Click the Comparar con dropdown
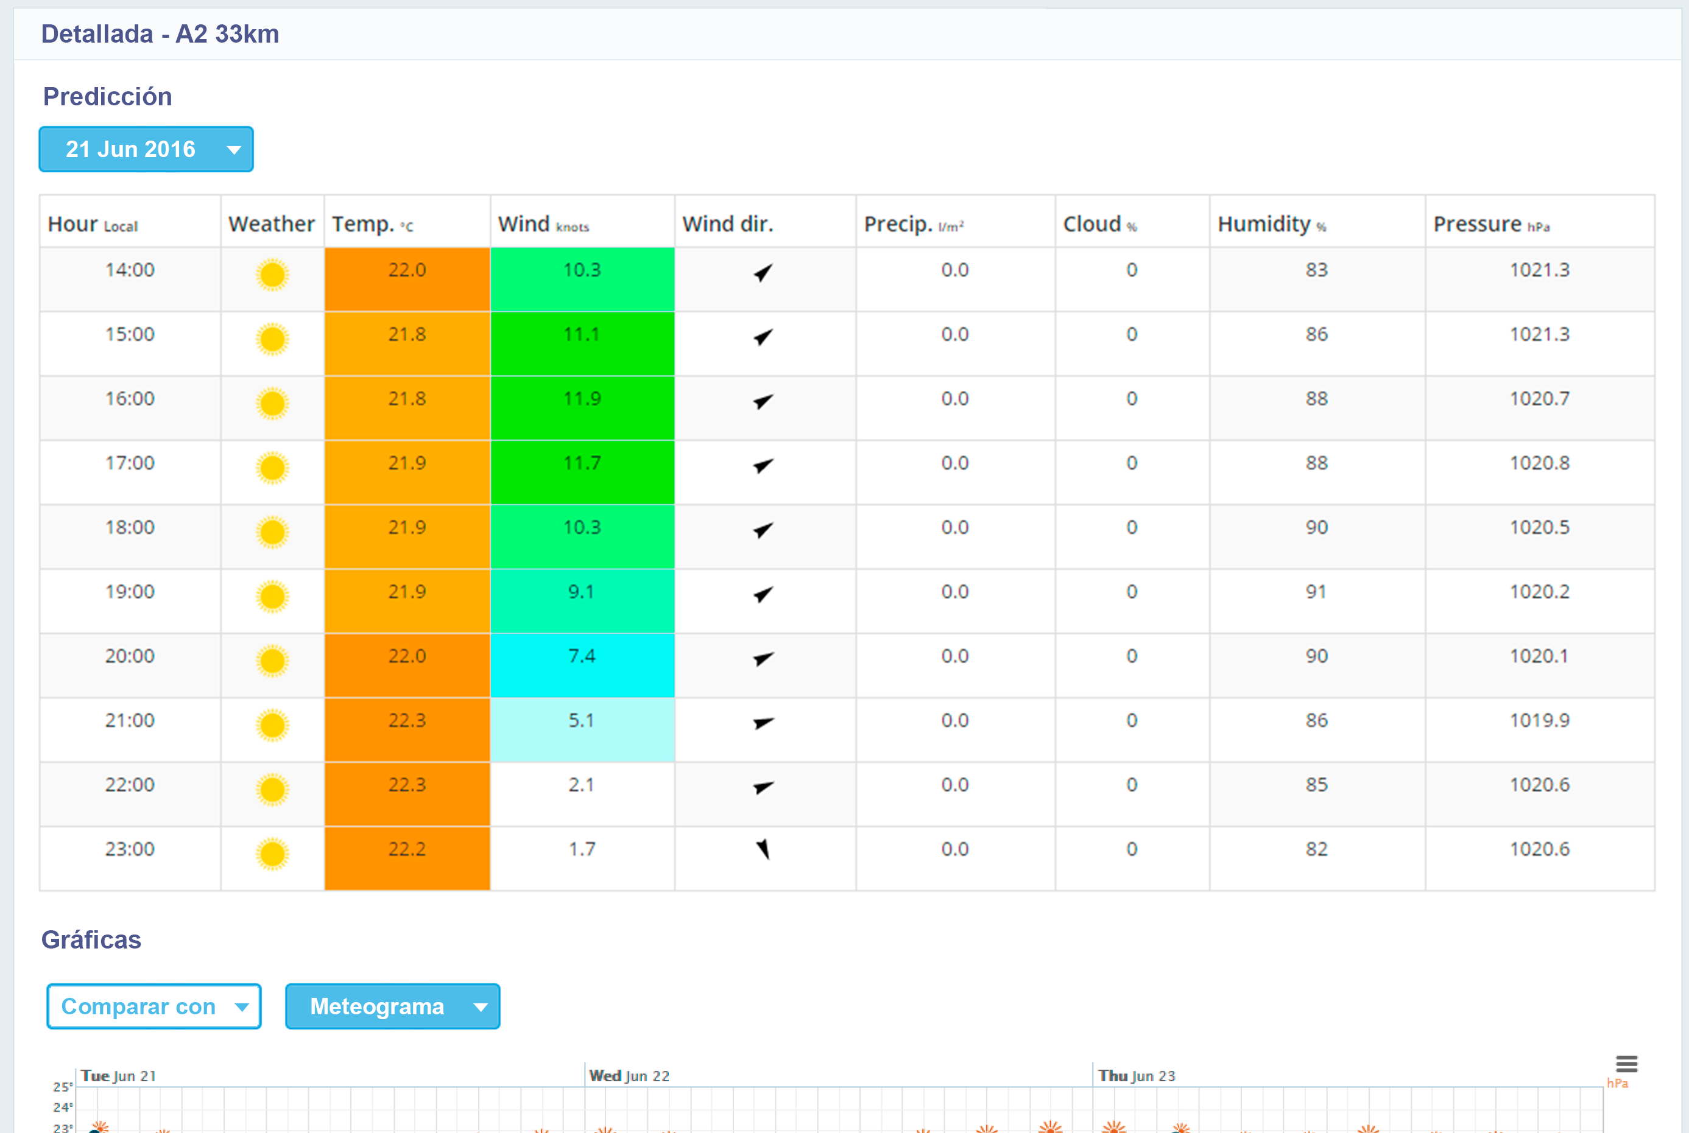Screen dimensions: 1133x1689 pos(154,1006)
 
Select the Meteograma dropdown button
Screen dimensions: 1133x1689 pos(392,1006)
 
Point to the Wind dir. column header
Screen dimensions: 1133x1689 pos(728,224)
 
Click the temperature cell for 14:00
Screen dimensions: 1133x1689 pos(407,271)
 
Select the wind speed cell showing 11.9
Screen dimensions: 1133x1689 pos(582,399)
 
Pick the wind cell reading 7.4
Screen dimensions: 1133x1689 pos(582,657)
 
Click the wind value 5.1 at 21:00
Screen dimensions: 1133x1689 pos(582,721)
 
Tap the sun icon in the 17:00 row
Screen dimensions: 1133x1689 pos(272,468)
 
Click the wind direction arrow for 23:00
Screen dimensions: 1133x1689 pos(763,850)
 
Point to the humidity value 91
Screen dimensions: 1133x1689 pos(1316,592)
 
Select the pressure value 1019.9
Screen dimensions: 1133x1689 pos(1539,721)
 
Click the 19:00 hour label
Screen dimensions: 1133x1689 pos(130,592)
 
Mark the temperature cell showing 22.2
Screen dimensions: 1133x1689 pos(407,850)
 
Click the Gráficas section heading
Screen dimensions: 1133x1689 pos(91,939)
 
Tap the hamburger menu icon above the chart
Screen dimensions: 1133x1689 pos(1627,1064)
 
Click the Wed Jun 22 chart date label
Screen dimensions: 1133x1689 pos(629,1076)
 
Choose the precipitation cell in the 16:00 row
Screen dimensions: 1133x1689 pos(954,399)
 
